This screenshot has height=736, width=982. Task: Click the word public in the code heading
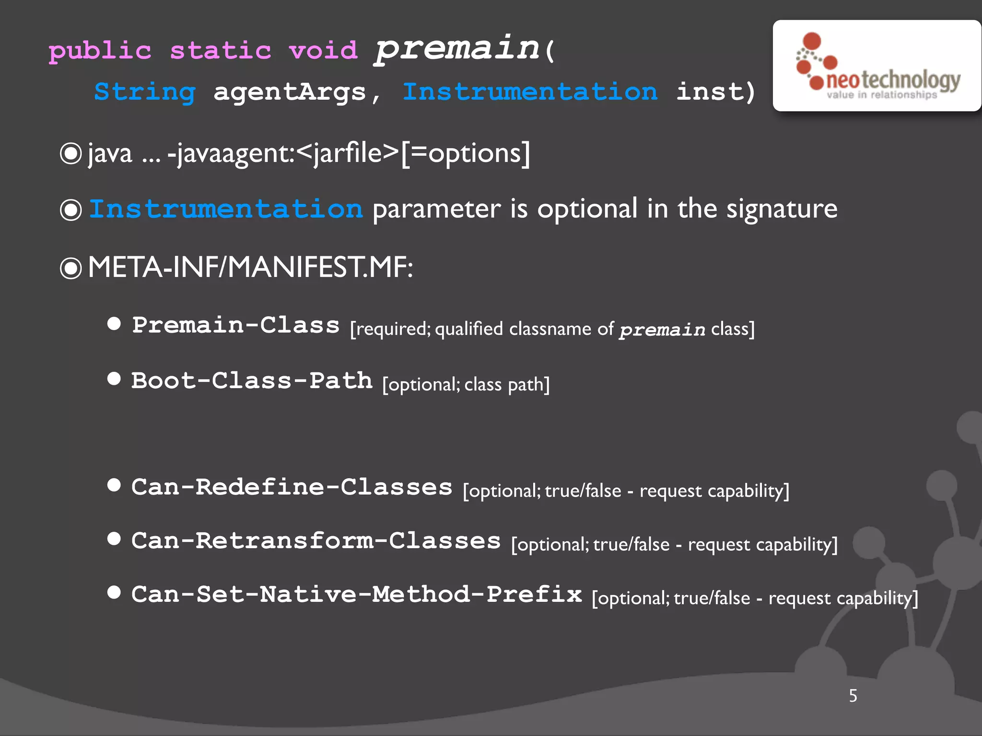click(x=100, y=51)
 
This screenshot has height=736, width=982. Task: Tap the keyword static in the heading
click(x=221, y=51)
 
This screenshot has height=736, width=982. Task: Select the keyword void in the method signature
click(x=323, y=50)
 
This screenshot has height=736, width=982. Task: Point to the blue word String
click(x=145, y=92)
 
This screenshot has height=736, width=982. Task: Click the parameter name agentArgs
click(x=290, y=92)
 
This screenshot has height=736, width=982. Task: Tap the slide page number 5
click(x=853, y=695)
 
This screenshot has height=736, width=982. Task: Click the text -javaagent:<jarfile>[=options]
click(x=349, y=153)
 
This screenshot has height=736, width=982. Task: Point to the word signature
click(x=782, y=209)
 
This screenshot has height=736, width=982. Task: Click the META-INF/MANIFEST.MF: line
click(x=250, y=267)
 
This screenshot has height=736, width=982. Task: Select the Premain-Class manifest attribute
click(x=236, y=325)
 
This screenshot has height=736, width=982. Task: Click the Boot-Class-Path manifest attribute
click(x=252, y=381)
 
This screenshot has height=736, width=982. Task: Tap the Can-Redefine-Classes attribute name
click(x=292, y=487)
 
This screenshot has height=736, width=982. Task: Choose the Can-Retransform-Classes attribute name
click(x=316, y=541)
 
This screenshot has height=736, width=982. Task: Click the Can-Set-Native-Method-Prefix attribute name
click(x=356, y=595)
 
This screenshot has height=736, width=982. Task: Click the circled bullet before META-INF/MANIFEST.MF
click(x=71, y=268)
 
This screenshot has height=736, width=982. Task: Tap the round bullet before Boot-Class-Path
click(x=114, y=379)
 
